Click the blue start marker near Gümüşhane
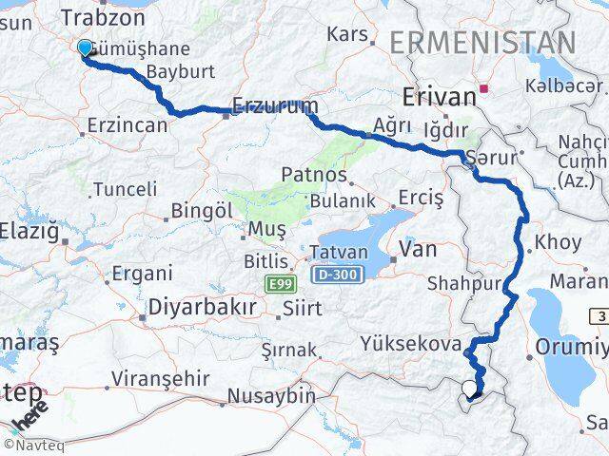(86, 48)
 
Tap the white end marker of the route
(467, 388)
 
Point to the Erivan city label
(439, 96)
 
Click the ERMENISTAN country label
(482, 43)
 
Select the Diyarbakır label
(203, 308)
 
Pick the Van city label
(419, 249)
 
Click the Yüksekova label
(412, 344)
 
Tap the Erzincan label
(128, 124)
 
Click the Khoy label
(558, 242)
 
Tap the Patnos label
(313, 175)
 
